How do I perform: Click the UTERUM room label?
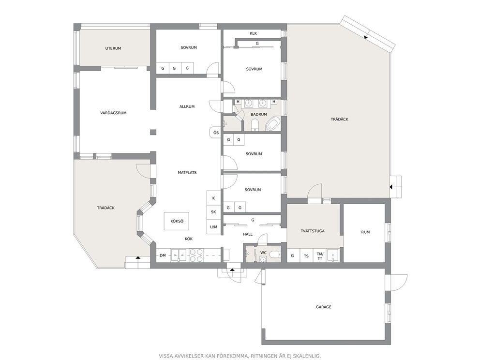point(113,48)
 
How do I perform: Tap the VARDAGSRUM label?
point(113,113)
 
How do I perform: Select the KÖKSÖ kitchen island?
point(176,221)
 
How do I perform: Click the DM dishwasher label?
point(163,255)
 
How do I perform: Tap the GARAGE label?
point(324,307)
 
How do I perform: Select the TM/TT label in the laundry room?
point(320,256)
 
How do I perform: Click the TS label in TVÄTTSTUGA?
point(306,256)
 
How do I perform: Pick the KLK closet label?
point(254,33)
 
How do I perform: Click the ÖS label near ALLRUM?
point(216,133)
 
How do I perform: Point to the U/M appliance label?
point(214,227)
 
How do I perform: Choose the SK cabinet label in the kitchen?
point(214,212)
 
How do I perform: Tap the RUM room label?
point(365,232)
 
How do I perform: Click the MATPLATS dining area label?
point(187,173)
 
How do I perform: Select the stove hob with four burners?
point(196,255)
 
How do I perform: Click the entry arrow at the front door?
point(232,270)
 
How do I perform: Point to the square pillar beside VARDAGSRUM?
point(153,132)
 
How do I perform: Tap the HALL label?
point(248,235)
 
